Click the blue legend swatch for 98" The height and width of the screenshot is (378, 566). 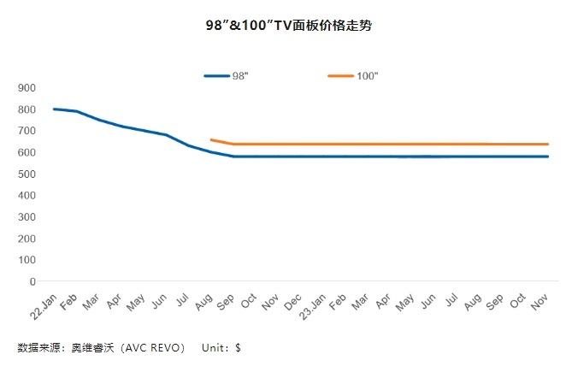[x=216, y=76]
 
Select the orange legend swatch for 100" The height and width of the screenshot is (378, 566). [x=340, y=76]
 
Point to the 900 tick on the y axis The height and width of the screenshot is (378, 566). [x=26, y=88]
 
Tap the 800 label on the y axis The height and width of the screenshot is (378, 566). [x=26, y=109]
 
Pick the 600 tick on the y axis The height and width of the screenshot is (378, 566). [x=26, y=152]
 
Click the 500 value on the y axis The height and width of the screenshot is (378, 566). [x=26, y=174]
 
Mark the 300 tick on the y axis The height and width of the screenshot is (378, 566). [x=26, y=217]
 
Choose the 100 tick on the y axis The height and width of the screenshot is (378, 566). [x=26, y=260]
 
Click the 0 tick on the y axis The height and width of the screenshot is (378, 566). [x=32, y=281]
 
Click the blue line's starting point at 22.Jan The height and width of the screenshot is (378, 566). [x=54, y=109]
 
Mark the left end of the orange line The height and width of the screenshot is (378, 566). [x=210, y=139]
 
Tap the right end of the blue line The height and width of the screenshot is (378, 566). [x=547, y=157]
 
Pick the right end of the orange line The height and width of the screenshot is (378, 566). [x=547, y=144]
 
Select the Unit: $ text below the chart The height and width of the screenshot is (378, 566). [x=221, y=348]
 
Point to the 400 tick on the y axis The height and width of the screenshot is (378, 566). [x=26, y=196]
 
